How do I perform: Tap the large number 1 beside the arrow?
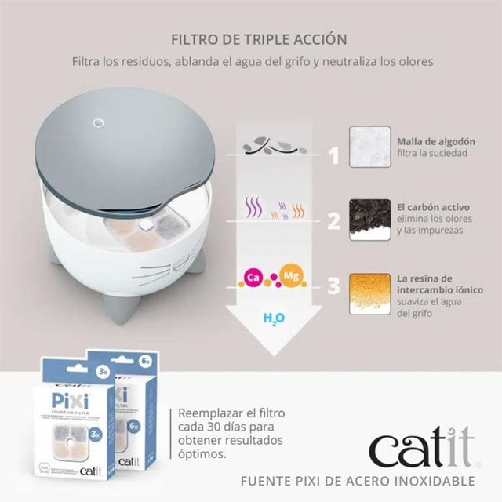pyautogui.click(x=333, y=155)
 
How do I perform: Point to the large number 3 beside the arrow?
pyautogui.click(x=333, y=286)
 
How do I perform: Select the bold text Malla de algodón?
pyautogui.click(x=436, y=141)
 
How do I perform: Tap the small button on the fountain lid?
pyautogui.click(x=100, y=122)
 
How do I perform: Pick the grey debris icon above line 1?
pyautogui.click(x=271, y=144)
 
